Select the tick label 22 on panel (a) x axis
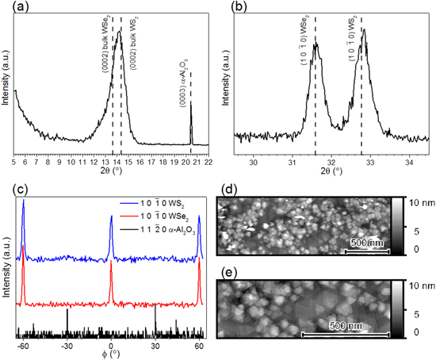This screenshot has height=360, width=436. [207, 161]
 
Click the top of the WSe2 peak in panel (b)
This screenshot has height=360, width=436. [315, 44]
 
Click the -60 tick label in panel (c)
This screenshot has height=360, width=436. [23, 347]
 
